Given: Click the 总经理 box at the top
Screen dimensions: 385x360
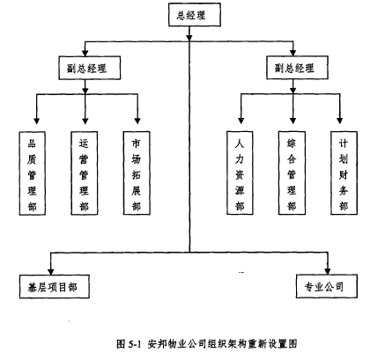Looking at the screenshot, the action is point(195,15).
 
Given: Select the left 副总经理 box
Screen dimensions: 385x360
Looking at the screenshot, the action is point(90,68).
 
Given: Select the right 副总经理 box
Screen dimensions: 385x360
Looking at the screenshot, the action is point(297,68).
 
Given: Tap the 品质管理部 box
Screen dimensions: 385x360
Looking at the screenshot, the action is point(33,173).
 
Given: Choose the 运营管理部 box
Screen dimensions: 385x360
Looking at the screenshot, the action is point(85,173).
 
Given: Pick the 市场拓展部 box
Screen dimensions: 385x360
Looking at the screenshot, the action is point(137,173).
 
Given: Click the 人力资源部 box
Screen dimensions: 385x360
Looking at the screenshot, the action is point(240,173).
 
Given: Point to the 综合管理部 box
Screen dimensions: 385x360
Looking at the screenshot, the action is point(292,173).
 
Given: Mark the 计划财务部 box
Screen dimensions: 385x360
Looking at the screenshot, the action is point(344,173).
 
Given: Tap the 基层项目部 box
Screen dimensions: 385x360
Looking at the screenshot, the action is point(55,287).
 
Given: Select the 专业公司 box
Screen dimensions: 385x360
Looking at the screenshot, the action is point(327,286).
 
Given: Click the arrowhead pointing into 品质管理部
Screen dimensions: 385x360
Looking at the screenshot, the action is point(36,121).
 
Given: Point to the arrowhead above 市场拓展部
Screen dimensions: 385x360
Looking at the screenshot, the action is point(137,121).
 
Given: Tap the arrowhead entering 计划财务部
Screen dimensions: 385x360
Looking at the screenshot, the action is point(340,121).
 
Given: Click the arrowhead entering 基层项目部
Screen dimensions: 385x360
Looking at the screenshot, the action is point(51,271).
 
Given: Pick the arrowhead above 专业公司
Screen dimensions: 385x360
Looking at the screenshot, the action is point(328,271).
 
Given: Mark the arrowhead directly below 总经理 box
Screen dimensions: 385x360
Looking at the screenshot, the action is point(189,37).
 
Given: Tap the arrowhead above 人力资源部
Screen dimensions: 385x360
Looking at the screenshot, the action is point(241,121).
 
